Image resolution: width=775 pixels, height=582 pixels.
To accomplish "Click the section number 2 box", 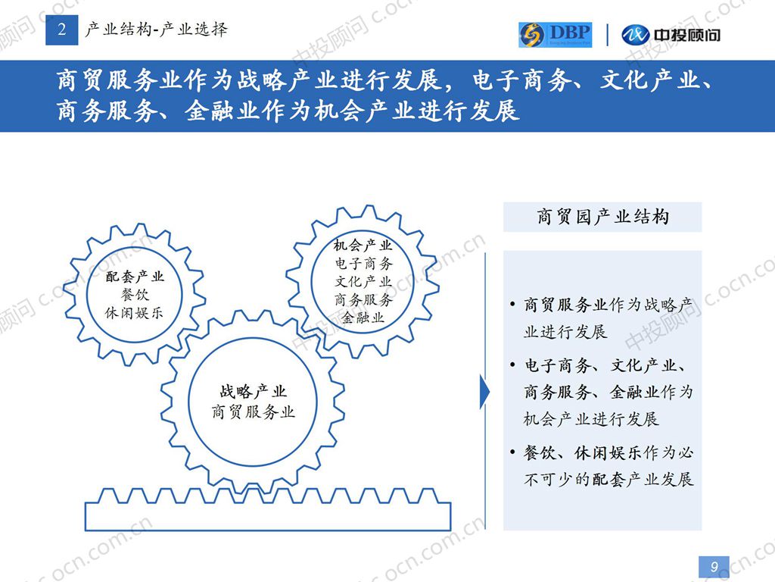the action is (62, 30).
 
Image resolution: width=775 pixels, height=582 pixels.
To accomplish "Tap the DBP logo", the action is (555, 35).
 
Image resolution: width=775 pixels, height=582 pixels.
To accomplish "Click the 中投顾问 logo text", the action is (686, 35).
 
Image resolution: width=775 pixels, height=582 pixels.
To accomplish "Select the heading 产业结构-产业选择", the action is (156, 30).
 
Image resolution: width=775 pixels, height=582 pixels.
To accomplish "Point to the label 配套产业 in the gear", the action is (135, 276).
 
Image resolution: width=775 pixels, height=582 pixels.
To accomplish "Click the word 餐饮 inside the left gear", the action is (135, 295).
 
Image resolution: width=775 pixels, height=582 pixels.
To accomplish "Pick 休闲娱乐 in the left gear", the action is (134, 313).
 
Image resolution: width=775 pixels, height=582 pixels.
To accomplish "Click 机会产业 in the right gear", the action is (363, 245).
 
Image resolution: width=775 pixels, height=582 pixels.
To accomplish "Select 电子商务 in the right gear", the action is (363, 263).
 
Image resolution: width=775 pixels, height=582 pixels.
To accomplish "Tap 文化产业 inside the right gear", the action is (363, 282).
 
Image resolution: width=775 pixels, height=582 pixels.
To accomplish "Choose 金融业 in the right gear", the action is (363, 318).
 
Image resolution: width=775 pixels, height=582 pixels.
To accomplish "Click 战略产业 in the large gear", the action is (253, 392).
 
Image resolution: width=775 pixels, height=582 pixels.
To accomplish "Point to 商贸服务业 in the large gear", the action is (253, 411).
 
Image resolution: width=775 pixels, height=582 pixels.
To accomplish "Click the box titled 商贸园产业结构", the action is (602, 217).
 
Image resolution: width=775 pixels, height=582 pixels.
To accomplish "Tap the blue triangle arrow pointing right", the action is (485, 392).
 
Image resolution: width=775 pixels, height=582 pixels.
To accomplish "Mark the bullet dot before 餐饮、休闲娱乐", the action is (513, 452).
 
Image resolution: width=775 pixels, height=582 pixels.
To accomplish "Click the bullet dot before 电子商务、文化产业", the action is (513, 365).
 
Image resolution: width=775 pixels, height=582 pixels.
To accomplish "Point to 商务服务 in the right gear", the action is (363, 300).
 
